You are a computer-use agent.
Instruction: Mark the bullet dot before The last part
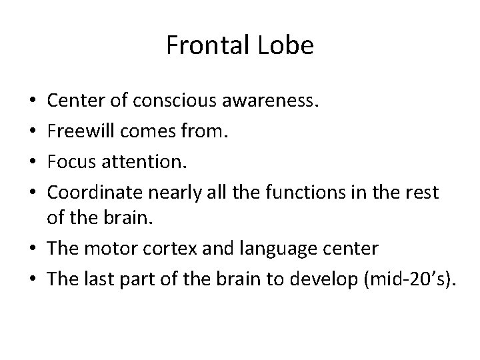pyautogui.click(x=34, y=279)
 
